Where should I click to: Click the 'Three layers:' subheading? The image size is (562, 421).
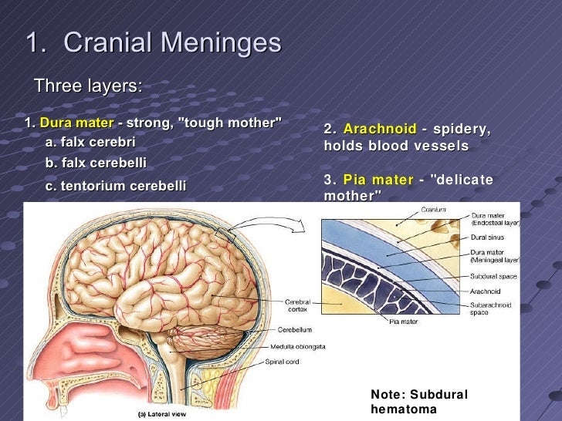click(x=88, y=86)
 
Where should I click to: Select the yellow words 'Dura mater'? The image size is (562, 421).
click(x=76, y=123)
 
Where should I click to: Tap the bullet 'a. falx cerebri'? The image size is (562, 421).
click(x=90, y=142)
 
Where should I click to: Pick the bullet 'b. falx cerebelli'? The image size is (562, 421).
click(x=96, y=163)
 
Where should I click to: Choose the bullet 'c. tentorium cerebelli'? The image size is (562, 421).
click(x=116, y=186)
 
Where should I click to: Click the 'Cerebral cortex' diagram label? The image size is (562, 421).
click(x=298, y=305)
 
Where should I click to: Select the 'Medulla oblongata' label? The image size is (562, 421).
click(x=298, y=346)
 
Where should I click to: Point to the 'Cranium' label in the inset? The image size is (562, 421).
click(x=433, y=210)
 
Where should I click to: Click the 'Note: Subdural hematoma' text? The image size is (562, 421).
click(x=419, y=402)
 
